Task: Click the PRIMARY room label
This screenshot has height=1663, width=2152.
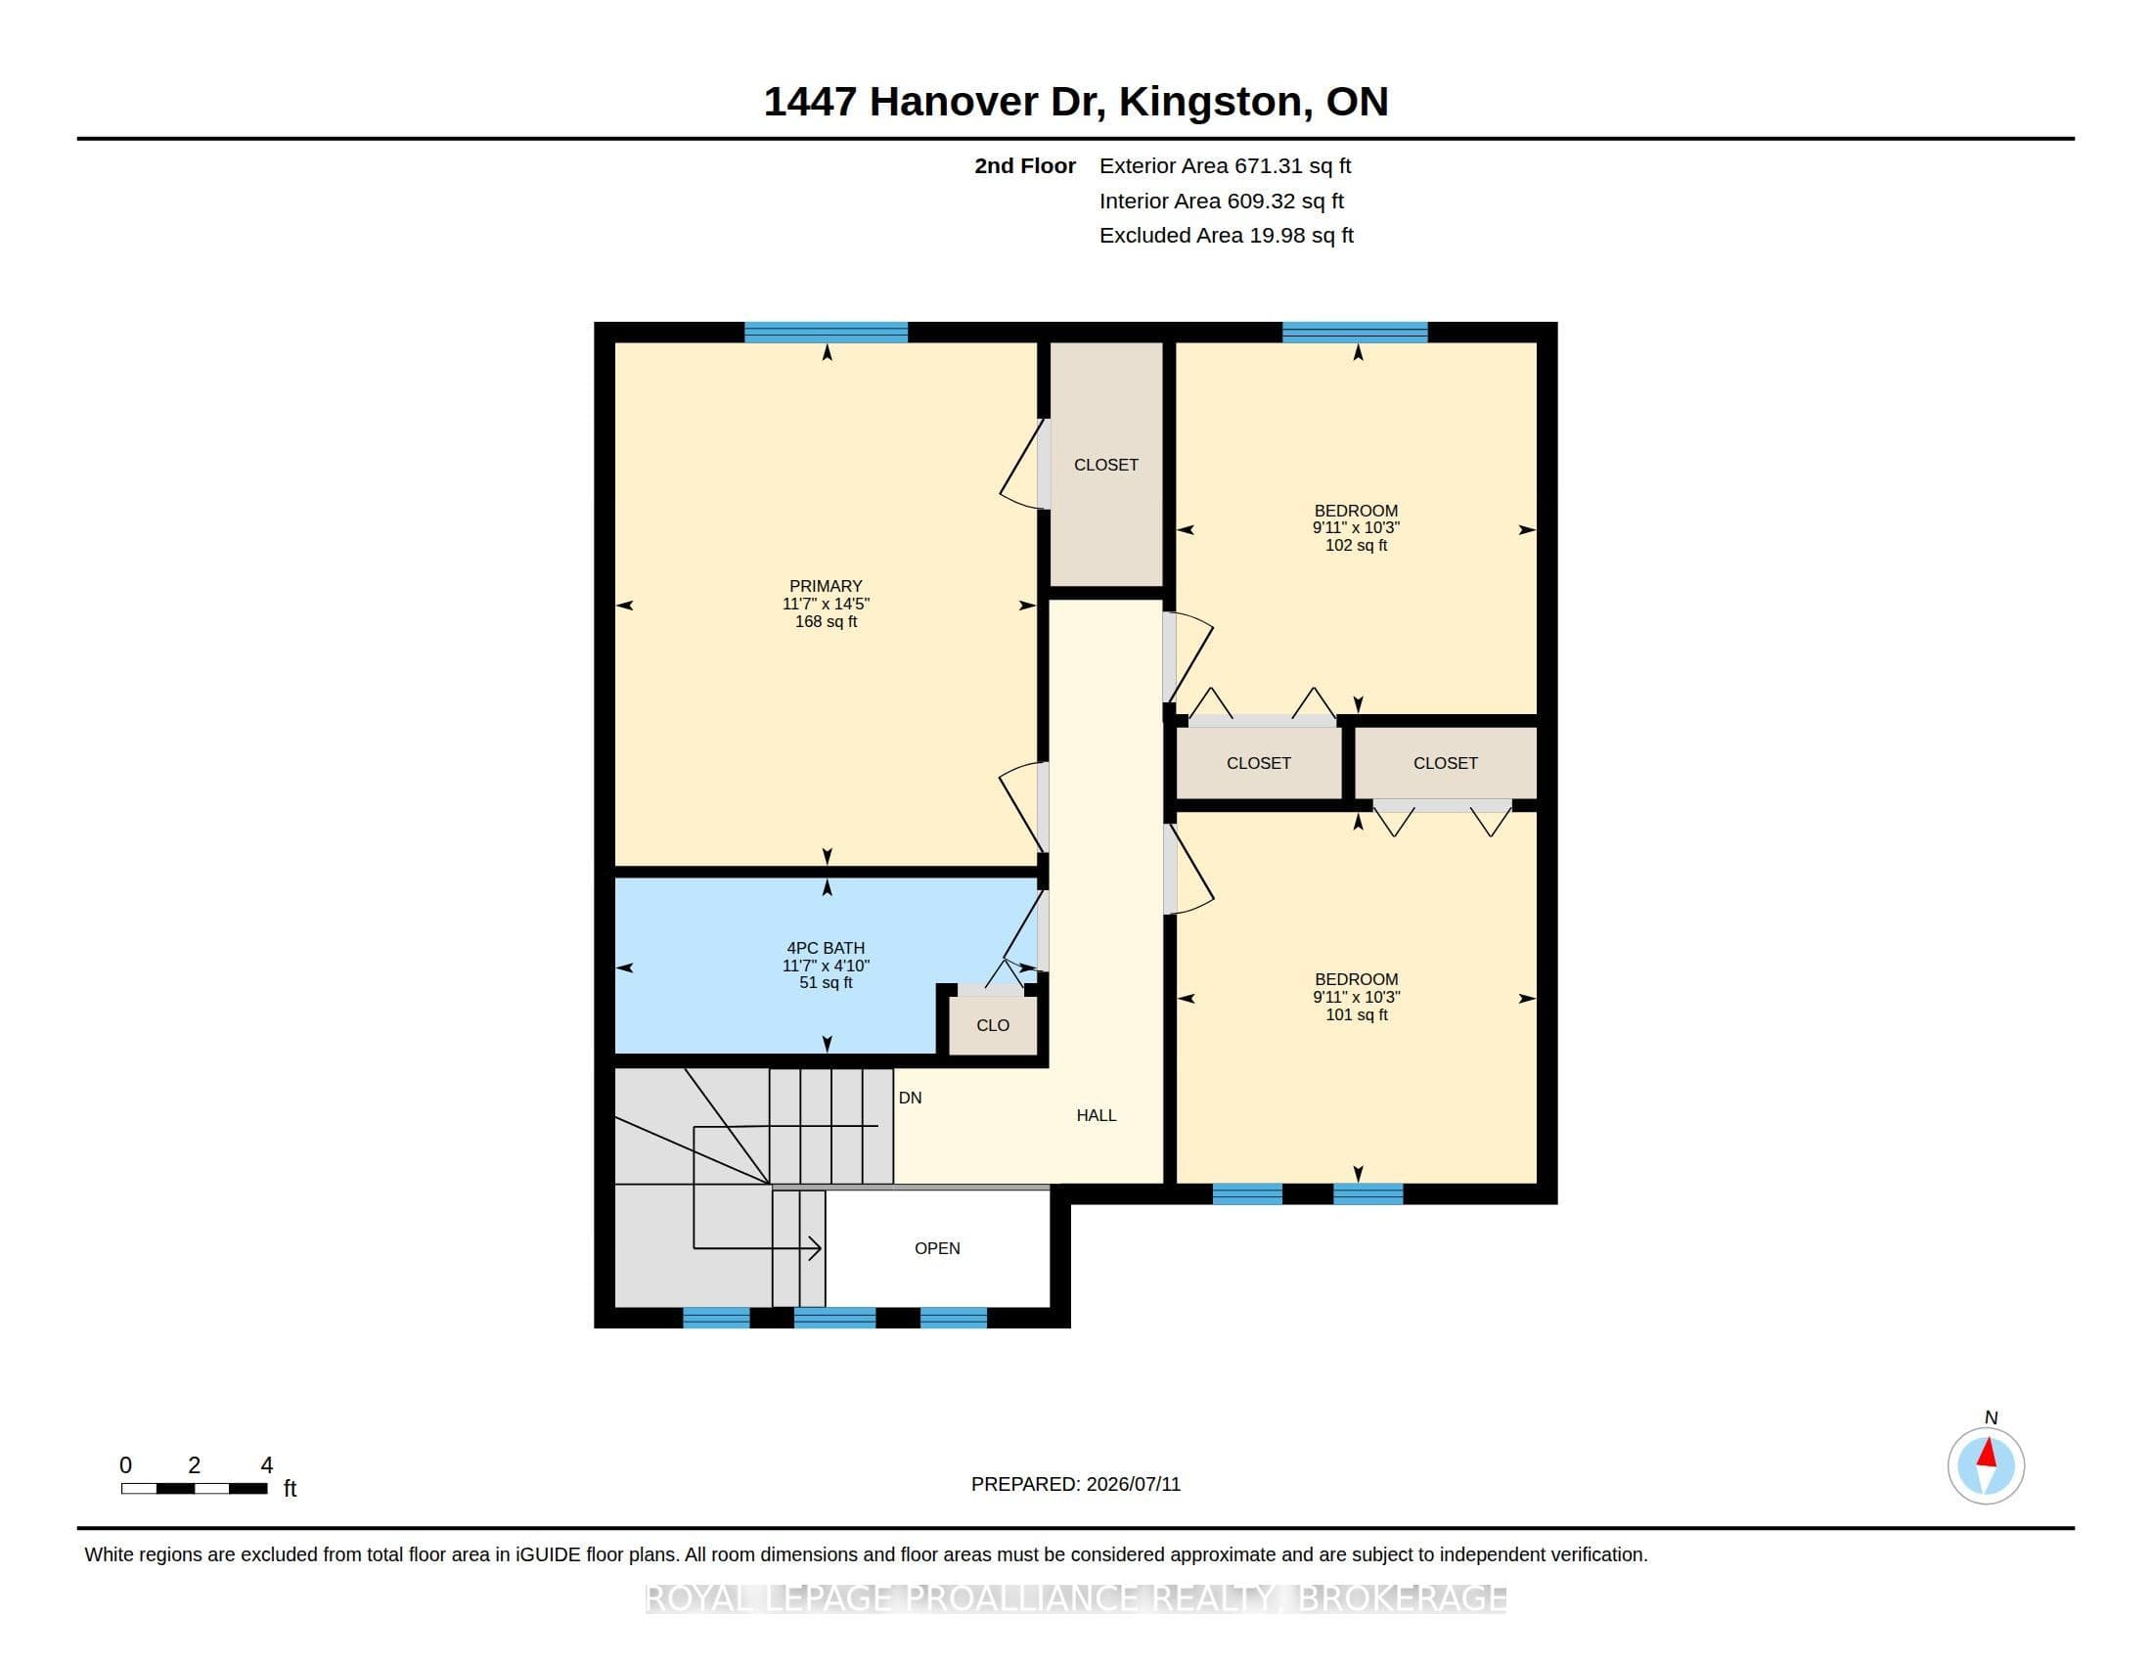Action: pos(825,585)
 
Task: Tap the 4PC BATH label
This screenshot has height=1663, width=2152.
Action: pos(825,948)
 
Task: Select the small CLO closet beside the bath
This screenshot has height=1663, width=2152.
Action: pos(992,1024)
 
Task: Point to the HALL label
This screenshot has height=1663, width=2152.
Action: pos(1096,1115)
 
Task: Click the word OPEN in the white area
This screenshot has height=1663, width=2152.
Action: pos(936,1248)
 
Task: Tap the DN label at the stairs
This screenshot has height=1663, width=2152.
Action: pos(910,1098)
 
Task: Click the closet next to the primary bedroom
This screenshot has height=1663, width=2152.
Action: pos(1105,464)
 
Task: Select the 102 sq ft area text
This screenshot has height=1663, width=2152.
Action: pos(1356,545)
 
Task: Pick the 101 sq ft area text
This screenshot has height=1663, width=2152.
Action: pos(1356,1014)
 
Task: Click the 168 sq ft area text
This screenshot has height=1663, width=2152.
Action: pos(825,621)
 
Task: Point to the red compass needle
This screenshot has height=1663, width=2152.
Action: pos(1988,1453)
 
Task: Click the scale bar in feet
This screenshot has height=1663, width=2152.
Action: pos(194,1489)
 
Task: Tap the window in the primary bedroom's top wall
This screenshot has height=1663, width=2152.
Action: pos(826,332)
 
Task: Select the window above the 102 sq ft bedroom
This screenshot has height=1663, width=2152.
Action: pos(1355,332)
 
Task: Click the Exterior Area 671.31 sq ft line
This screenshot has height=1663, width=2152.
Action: pos(1225,166)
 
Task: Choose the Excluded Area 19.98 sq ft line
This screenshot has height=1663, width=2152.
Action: pos(1226,236)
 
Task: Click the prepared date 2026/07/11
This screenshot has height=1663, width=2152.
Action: pos(1133,1484)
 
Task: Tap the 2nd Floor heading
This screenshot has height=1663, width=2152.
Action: pos(1025,166)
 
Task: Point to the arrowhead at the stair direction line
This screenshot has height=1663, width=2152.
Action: pos(815,1248)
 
